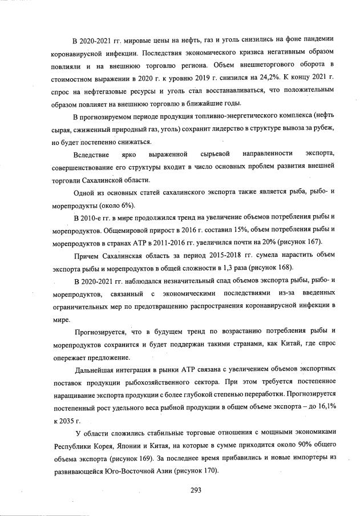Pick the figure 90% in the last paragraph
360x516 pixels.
click(x=291, y=445)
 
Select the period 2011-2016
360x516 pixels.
click(x=161, y=241)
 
